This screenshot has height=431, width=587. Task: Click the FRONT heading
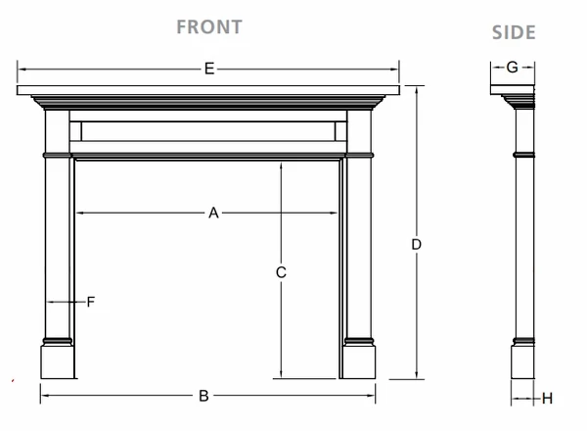click(208, 26)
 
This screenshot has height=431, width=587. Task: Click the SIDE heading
click(514, 32)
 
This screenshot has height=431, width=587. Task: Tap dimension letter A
click(212, 213)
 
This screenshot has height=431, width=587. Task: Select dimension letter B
click(203, 396)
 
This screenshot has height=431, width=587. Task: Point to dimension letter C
click(281, 272)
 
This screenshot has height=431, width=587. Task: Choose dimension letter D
click(417, 244)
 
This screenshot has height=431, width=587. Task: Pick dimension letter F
click(90, 302)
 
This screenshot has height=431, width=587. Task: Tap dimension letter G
click(512, 68)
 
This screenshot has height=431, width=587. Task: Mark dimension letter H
click(548, 398)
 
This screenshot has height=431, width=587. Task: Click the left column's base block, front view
click(57, 359)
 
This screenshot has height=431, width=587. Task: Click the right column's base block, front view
click(359, 359)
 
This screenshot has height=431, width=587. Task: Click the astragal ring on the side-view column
click(524, 154)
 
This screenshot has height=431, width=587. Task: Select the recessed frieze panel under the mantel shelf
click(208, 129)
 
